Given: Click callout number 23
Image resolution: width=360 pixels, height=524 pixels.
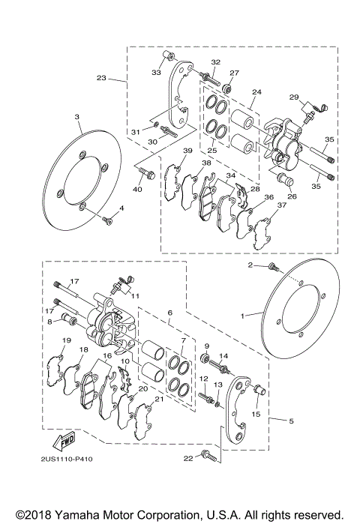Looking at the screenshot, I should (x=101, y=78).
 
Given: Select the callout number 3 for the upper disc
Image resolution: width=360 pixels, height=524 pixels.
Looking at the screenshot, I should (x=77, y=117).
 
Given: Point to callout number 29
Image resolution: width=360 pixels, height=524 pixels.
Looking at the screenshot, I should (x=294, y=97).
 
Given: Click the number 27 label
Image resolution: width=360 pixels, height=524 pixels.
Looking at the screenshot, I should (x=234, y=73).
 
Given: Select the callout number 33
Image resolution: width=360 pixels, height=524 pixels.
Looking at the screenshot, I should (x=156, y=72).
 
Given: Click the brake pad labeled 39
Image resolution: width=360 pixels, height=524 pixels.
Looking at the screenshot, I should (x=170, y=180).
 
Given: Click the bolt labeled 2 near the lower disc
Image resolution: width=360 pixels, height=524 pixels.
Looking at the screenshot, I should (x=273, y=267).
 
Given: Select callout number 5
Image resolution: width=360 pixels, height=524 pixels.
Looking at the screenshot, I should (x=291, y=421).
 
